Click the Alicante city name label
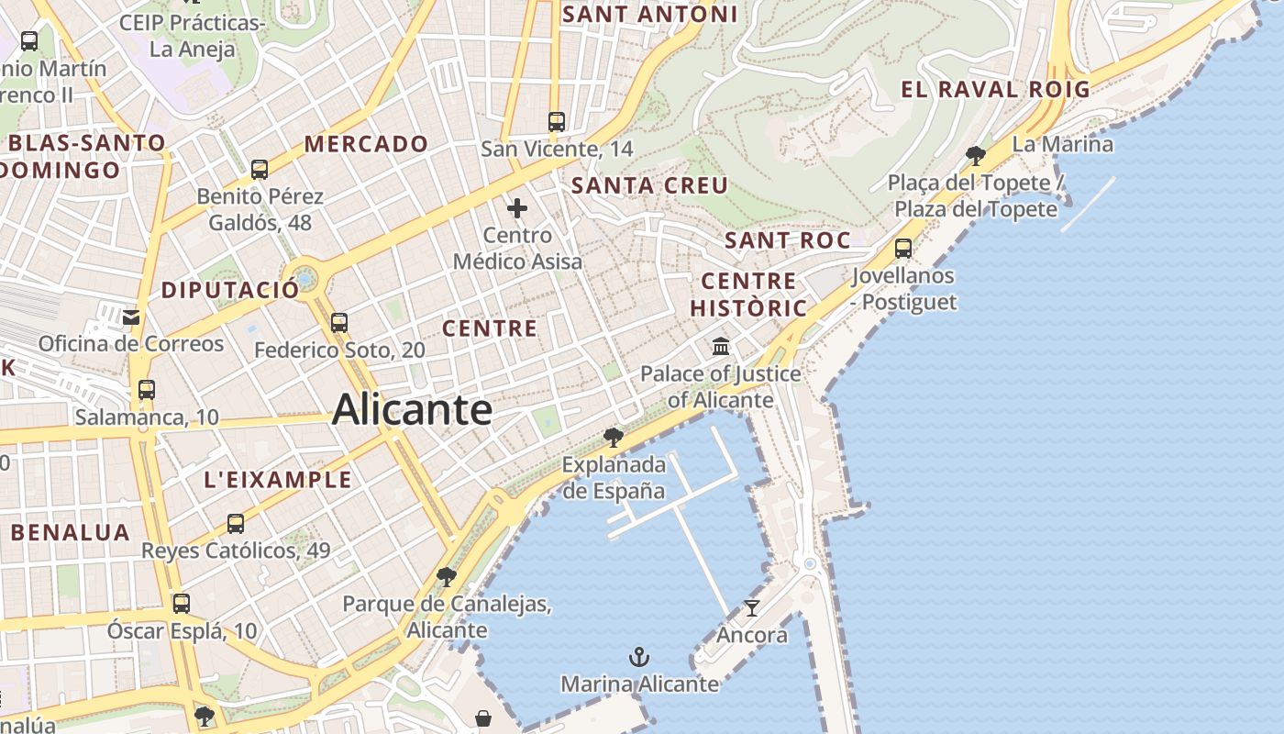(x=412, y=409)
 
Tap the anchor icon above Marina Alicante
(x=639, y=657)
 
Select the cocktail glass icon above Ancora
(x=752, y=607)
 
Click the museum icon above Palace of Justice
(x=721, y=347)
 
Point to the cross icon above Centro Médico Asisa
(x=517, y=208)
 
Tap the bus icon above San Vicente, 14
(x=556, y=121)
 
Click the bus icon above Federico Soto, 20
(x=339, y=323)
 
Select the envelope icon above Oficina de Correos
(x=132, y=317)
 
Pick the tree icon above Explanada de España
(x=614, y=437)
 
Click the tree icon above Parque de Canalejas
(x=447, y=577)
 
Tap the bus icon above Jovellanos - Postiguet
(x=903, y=248)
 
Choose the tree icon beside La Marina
(x=976, y=155)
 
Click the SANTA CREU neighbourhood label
(x=649, y=185)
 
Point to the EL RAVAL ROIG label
(x=995, y=90)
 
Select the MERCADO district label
(x=366, y=144)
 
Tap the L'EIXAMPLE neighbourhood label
(x=277, y=479)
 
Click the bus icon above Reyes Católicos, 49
(x=236, y=524)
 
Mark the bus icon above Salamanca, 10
(x=146, y=390)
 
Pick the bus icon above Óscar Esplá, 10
(x=182, y=604)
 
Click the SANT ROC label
(x=787, y=240)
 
